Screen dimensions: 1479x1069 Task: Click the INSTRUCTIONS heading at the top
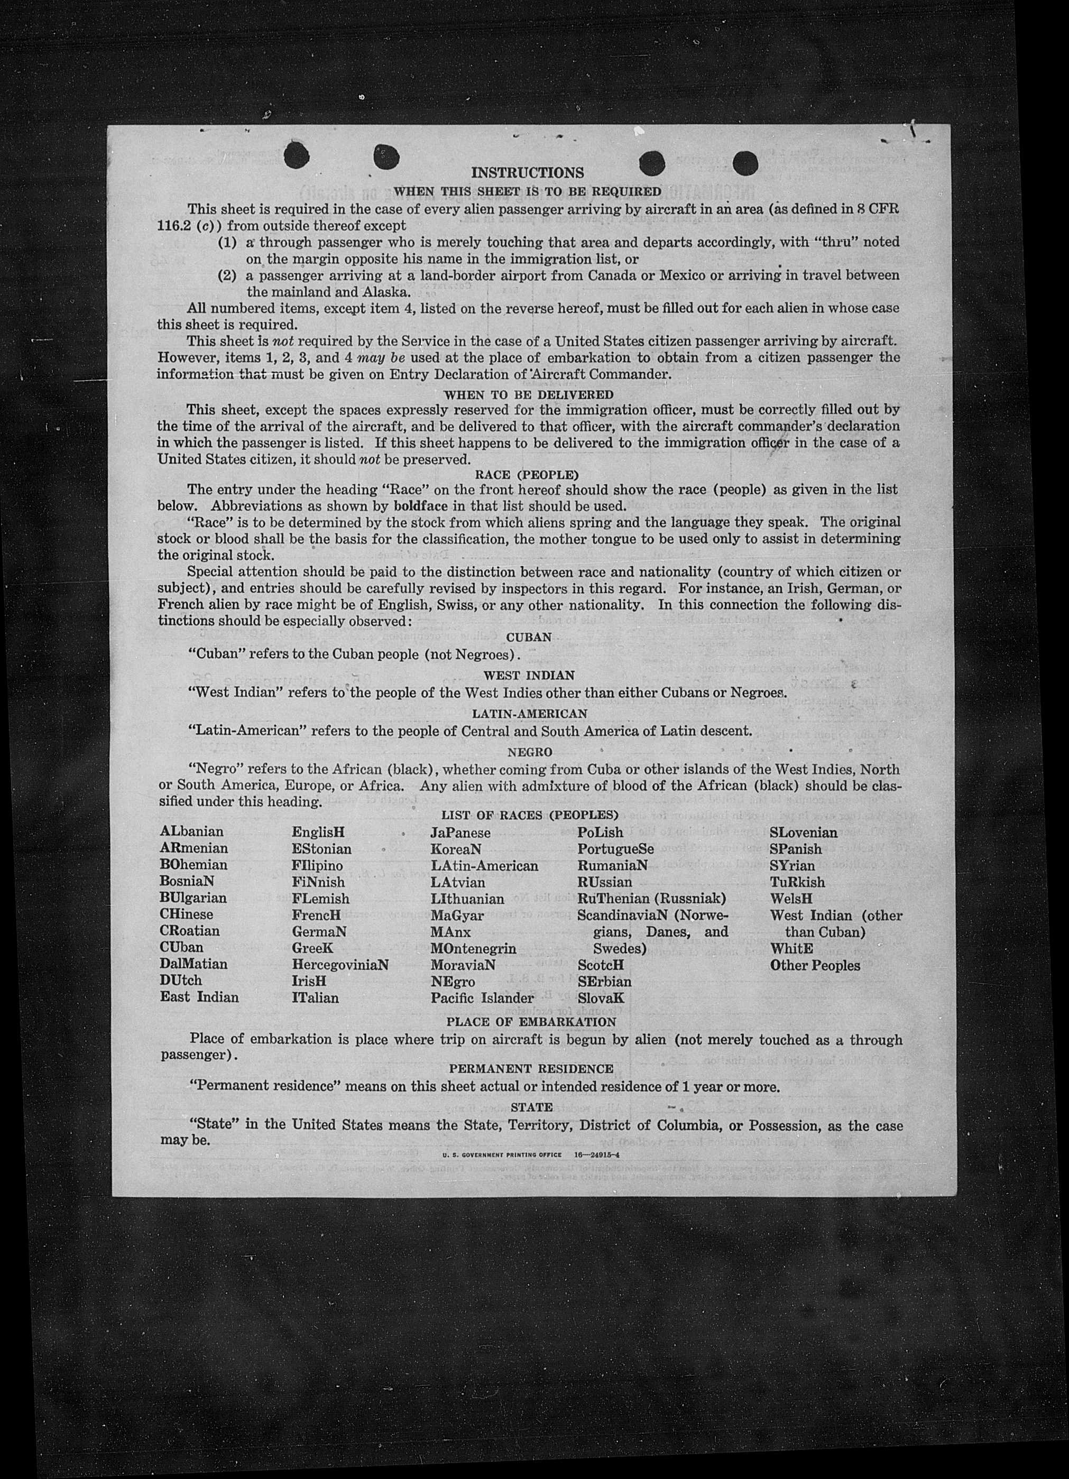point(527,173)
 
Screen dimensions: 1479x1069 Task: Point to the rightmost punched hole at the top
point(745,163)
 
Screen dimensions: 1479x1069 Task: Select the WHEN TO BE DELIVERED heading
point(528,394)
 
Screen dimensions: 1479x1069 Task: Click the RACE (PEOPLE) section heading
point(528,474)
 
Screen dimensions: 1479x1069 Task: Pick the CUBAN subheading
point(529,636)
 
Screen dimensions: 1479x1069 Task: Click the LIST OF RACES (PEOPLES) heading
point(530,815)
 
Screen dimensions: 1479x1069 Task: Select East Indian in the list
point(200,996)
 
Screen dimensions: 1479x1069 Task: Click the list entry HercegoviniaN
point(340,964)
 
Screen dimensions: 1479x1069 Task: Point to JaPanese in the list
point(460,833)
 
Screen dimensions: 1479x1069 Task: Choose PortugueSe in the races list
point(615,849)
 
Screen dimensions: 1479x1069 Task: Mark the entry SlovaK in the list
point(601,998)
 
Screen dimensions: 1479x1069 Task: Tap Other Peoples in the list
point(815,965)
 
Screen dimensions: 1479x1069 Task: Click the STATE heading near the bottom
point(531,1107)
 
